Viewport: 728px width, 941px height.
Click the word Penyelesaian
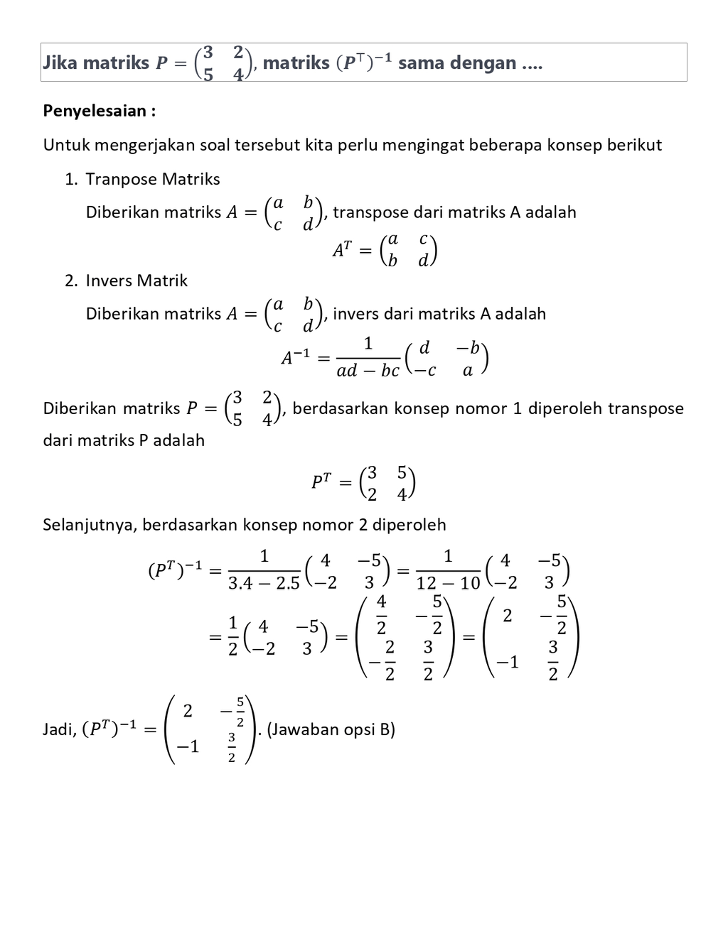pyautogui.click(x=96, y=111)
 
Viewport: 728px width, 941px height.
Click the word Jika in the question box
pyautogui.click(x=60, y=62)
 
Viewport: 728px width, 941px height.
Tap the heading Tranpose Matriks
pyautogui.click(x=152, y=179)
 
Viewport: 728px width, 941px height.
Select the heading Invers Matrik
pyautogui.click(x=136, y=281)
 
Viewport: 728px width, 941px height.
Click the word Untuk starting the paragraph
pyautogui.click(x=66, y=145)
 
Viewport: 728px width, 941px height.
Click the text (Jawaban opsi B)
pyautogui.click(x=331, y=729)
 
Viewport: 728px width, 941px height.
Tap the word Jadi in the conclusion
pyautogui.click(x=58, y=729)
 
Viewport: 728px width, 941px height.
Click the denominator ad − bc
pyautogui.click(x=368, y=371)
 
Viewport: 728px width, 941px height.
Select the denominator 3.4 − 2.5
pyautogui.click(x=264, y=584)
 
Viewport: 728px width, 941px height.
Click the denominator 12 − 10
pyautogui.click(x=448, y=584)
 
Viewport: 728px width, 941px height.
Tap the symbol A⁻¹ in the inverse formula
pyautogui.click(x=296, y=357)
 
